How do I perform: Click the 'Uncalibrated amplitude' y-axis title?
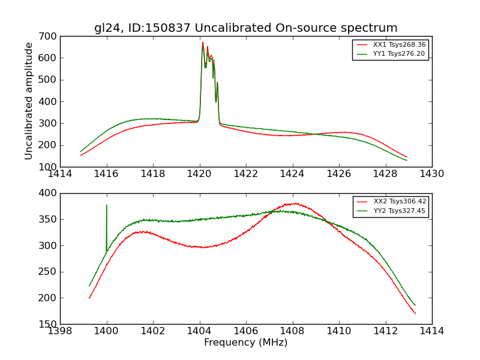click(x=29, y=101)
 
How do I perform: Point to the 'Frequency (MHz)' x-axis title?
click(x=245, y=343)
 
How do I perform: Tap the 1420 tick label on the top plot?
click(x=199, y=174)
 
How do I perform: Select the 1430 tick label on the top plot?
click(x=431, y=174)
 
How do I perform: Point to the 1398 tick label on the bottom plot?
click(x=60, y=331)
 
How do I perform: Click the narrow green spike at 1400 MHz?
click(x=107, y=207)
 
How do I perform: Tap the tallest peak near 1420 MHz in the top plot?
click(x=203, y=43)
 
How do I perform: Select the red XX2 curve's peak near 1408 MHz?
click(x=296, y=203)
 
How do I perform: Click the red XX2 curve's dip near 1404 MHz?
click(x=203, y=247)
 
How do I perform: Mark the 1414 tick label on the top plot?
click(x=60, y=174)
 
